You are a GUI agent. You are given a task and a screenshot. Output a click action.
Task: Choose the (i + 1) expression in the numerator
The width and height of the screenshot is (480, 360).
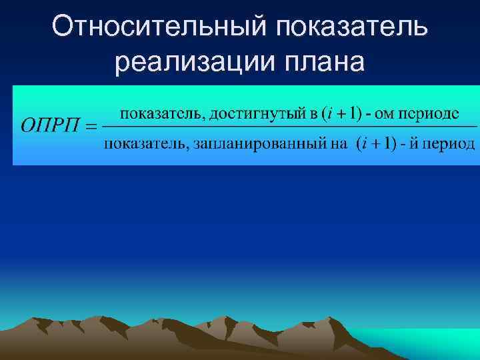[x=341, y=113]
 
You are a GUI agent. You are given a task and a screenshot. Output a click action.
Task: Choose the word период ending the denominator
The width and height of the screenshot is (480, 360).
[x=451, y=144]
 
